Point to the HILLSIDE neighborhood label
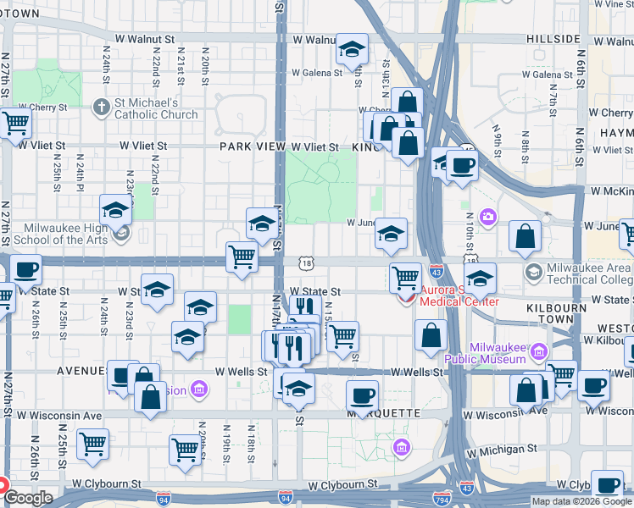[x=552, y=39]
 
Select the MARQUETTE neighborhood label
[x=401, y=413]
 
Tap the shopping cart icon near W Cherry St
[x=15, y=123]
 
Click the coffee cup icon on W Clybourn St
[x=607, y=485]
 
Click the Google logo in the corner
[x=28, y=498]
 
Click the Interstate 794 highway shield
[x=441, y=497]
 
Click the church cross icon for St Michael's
[x=101, y=107]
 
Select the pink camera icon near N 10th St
[x=487, y=218]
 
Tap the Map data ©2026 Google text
[x=581, y=501]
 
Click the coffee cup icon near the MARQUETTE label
[x=363, y=395]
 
